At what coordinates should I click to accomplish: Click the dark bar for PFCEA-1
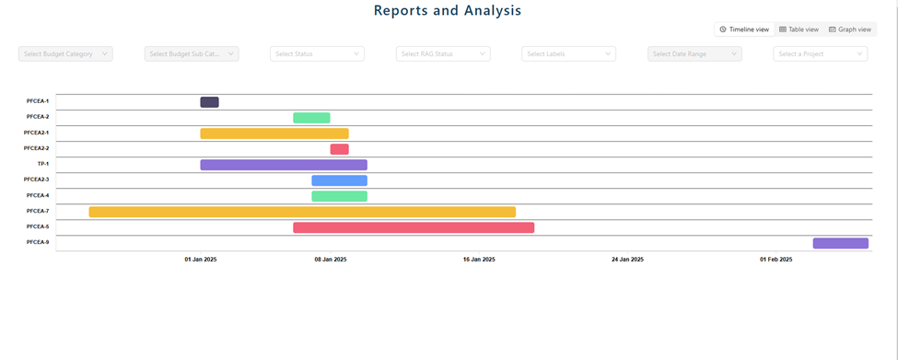pos(210,102)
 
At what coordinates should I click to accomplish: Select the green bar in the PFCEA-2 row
pos(311,118)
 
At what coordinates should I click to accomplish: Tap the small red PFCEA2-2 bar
pos(340,149)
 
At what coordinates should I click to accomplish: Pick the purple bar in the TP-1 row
pos(284,165)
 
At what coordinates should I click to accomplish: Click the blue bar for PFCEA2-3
pos(340,180)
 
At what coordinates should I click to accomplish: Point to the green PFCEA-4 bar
pos(340,196)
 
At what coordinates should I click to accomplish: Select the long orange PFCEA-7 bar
pos(302,212)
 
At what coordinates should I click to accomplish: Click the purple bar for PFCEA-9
pos(841,243)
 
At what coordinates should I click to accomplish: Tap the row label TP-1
pos(43,164)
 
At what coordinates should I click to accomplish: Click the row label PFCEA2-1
pos(36,133)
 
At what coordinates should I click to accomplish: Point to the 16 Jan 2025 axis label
pos(479,260)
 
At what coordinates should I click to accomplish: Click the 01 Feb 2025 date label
pos(776,260)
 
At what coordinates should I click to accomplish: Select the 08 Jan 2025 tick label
pos(331,260)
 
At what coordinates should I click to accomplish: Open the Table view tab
pos(799,29)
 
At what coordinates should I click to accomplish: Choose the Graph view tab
pos(850,29)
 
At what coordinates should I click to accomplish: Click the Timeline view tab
pos(744,29)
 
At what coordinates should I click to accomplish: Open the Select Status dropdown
pos(317,53)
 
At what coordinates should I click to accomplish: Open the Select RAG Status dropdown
pos(443,53)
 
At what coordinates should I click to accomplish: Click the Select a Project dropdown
pos(821,53)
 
